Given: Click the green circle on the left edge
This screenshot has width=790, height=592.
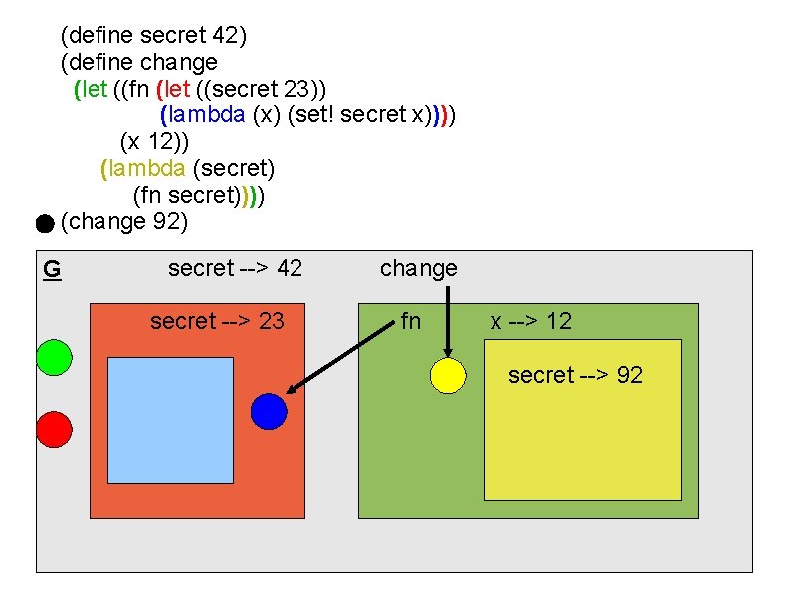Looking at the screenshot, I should coord(54,357).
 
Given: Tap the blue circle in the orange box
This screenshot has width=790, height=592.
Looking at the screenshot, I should coord(269,411).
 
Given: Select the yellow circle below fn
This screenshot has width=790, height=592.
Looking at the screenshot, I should coord(448,375).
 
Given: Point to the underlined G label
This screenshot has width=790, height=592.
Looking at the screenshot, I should coord(52,269).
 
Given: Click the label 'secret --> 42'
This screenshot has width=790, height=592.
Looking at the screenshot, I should coord(235,268).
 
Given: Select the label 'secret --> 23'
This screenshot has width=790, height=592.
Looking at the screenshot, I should coord(217,321).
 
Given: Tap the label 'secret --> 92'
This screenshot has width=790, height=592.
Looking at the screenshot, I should coord(575,375).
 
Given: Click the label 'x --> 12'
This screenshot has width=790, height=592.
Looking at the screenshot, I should coord(530,321).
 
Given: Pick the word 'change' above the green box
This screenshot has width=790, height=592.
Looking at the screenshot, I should coord(418,268).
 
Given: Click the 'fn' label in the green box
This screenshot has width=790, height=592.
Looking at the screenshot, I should coord(410,321).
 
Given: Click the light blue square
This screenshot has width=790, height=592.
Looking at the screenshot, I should coord(170,420).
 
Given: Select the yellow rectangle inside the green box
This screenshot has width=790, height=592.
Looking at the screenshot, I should coord(582,448).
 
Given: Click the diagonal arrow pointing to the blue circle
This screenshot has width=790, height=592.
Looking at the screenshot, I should coord(338,358).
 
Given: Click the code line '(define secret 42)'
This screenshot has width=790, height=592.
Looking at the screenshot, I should coord(153,36).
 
